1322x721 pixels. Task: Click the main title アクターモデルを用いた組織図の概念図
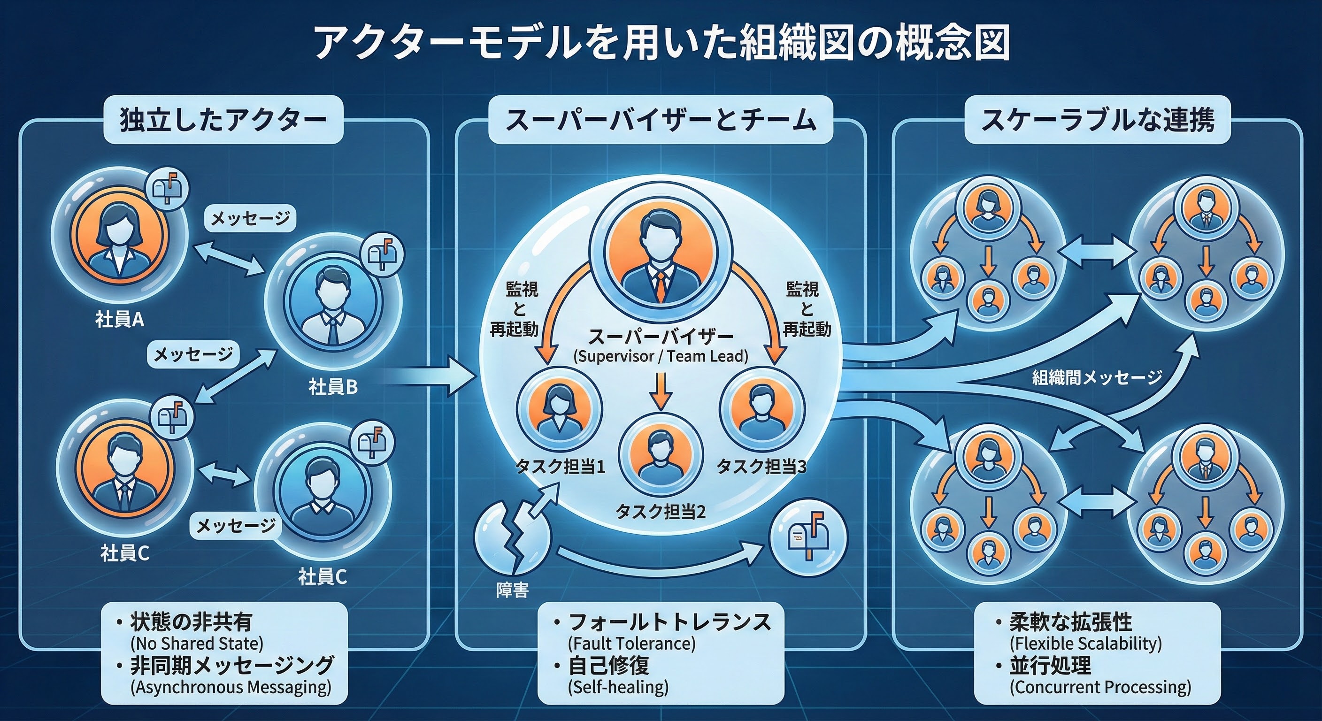coord(661,43)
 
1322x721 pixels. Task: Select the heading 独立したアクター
coord(223,121)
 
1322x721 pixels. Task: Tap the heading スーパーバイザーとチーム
coord(661,121)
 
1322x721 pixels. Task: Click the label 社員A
coord(120,320)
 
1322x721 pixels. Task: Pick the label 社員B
coord(332,387)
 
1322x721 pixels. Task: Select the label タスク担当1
coord(560,467)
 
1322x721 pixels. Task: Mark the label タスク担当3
coord(761,467)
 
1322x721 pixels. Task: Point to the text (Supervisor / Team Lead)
coord(661,356)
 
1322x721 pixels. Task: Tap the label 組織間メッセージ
coord(1097,378)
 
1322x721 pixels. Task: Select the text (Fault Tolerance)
coord(632,644)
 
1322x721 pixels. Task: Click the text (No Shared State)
coord(197,644)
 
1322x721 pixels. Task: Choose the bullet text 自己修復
coord(609,666)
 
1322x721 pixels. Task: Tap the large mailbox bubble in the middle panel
coord(808,537)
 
